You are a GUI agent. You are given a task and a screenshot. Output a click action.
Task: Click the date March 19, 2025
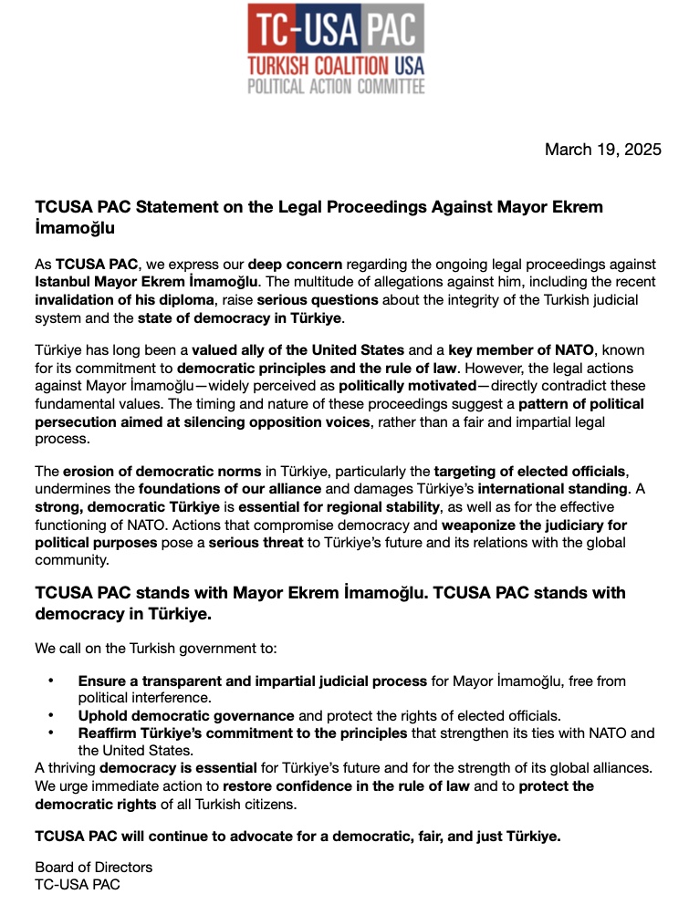coord(602,150)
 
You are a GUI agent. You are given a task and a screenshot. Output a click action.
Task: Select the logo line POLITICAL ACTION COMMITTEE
coord(336,87)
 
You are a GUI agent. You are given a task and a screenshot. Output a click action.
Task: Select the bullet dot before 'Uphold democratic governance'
coord(52,716)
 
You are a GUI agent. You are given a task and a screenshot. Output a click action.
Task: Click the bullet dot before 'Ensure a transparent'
coord(52,681)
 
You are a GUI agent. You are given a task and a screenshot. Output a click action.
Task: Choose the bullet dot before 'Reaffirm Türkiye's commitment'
coord(52,733)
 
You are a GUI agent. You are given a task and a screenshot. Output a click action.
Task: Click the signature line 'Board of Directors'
coord(94,867)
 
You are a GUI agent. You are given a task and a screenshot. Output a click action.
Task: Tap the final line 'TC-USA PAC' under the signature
coord(78,884)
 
